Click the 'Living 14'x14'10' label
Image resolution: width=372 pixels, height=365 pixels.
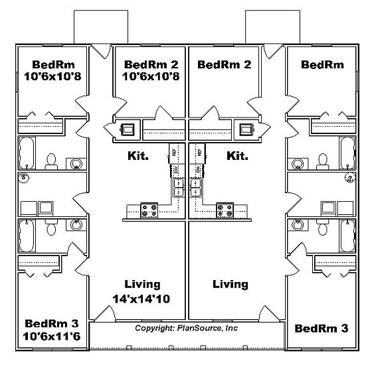tap(142, 291)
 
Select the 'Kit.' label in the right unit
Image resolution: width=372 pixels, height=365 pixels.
tap(237, 157)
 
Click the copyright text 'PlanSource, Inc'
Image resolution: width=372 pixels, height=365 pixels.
tap(187, 328)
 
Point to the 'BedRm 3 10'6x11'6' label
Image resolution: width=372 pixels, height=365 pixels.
tap(52, 330)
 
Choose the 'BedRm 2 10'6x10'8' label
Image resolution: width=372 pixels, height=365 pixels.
tap(151, 70)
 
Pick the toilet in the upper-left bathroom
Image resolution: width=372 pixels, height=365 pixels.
tap(50, 160)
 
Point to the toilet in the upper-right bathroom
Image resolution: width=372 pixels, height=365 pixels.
tap(323, 160)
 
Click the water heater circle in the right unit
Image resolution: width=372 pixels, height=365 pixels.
tap(350, 177)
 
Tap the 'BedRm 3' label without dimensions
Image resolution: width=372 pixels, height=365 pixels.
tap(322, 328)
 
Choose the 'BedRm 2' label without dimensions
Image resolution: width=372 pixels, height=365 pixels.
tap(224, 64)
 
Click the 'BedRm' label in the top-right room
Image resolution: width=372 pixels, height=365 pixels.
tap(322, 64)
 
